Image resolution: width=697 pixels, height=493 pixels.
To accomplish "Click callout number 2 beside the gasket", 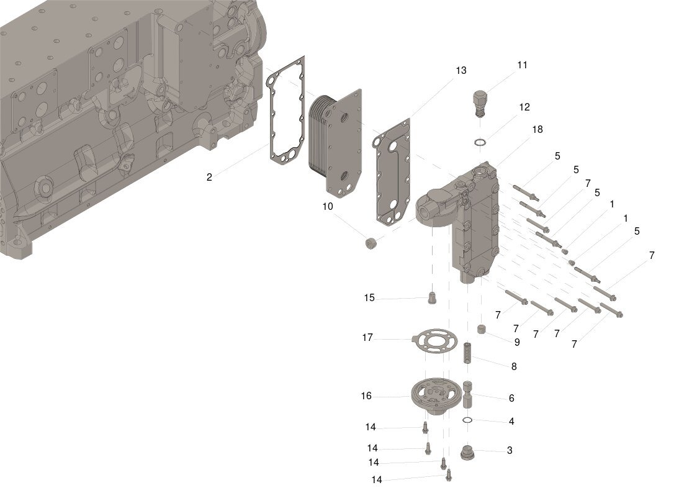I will point(209,177).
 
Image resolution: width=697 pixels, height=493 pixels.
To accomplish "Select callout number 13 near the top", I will point(461,71).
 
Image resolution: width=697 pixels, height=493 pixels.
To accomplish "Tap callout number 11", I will point(523,65).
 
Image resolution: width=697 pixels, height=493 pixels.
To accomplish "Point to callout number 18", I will point(537,129).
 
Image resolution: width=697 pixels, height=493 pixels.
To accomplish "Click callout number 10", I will point(328,206).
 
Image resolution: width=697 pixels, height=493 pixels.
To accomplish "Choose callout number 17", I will point(367,338).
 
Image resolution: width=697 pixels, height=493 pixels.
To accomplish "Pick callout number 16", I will point(366,396).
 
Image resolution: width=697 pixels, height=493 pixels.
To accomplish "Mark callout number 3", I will point(510,450).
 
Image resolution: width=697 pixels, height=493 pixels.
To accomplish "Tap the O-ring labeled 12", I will point(479,143).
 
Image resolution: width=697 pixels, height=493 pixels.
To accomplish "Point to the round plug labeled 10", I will point(372,243).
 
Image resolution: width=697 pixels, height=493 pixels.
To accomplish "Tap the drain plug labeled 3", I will point(470,452).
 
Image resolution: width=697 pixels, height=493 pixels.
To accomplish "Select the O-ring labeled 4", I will point(469,422).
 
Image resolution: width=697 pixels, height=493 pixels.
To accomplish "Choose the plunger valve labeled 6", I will point(469,394).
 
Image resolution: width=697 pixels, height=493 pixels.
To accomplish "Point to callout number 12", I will point(524,107).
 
